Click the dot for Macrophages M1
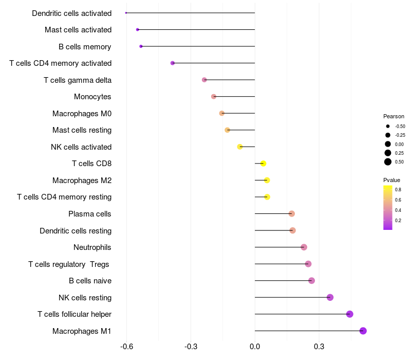click(x=363, y=331)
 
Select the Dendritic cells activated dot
click(x=126, y=13)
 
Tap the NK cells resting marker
click(x=330, y=297)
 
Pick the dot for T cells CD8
click(x=263, y=164)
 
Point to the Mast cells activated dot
click(x=137, y=29)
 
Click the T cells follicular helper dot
click(x=350, y=314)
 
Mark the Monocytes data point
click(x=214, y=97)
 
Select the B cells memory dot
click(x=141, y=46)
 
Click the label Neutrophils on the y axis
click(x=92, y=247)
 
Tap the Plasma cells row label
click(x=90, y=214)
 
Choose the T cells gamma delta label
click(x=78, y=80)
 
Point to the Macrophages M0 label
click(x=82, y=113)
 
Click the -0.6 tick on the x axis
click(x=127, y=347)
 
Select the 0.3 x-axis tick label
click(x=319, y=347)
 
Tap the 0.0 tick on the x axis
click(x=255, y=347)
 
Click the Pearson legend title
click(x=394, y=116)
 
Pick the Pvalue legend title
click(x=391, y=180)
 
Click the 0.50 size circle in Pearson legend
click(x=388, y=162)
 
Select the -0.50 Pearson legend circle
click(x=388, y=126)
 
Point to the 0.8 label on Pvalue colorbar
click(x=398, y=190)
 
